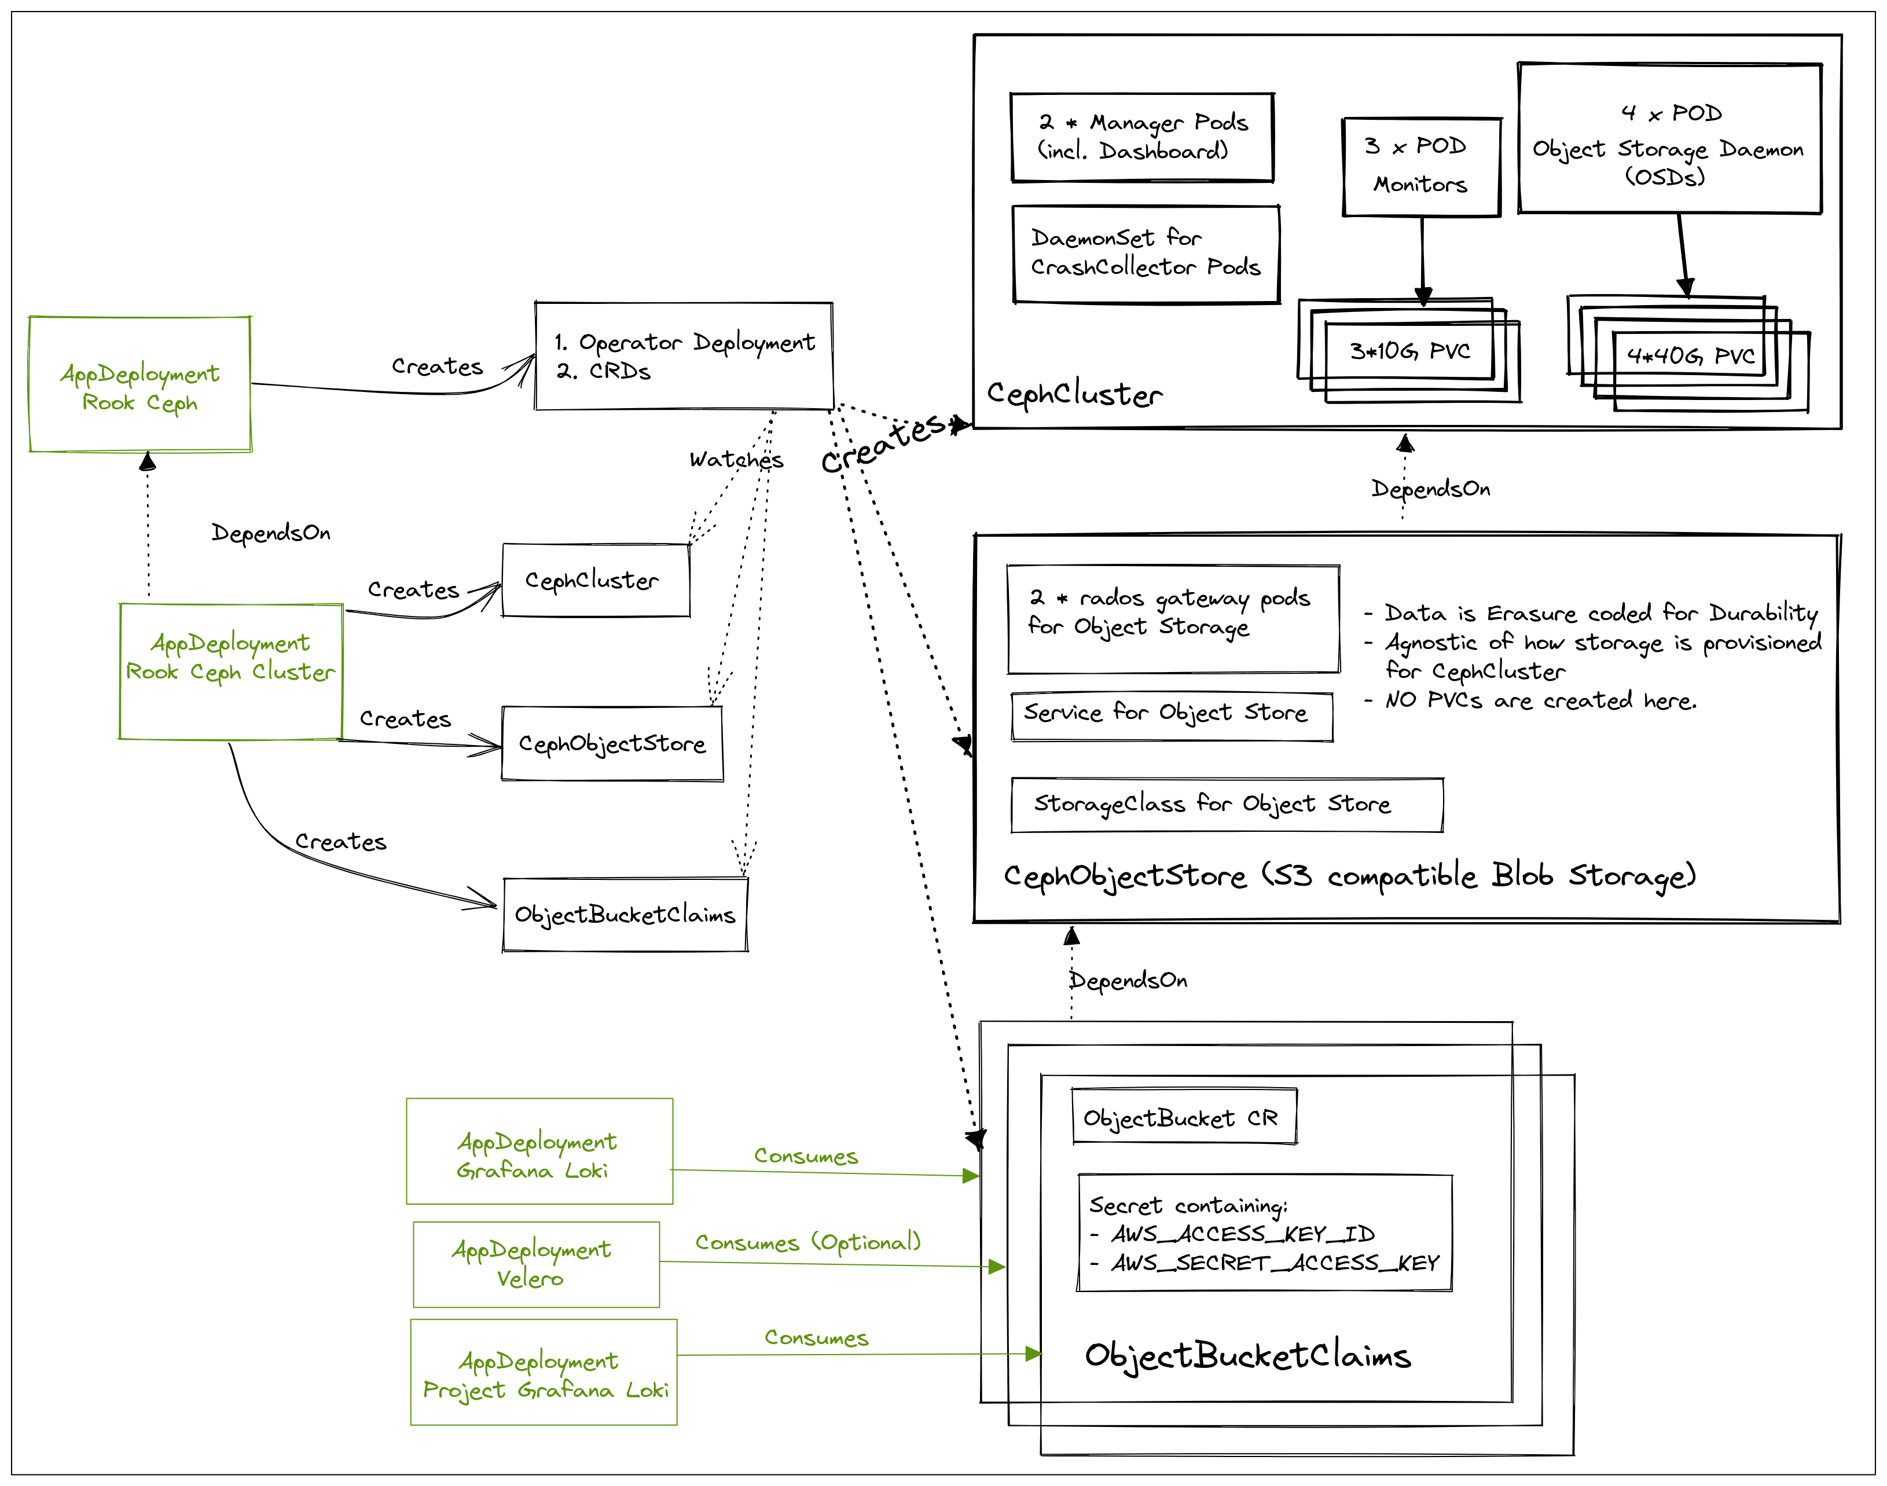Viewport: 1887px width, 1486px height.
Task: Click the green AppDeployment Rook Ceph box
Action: coord(140,384)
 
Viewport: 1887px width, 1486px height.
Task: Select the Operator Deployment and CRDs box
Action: coord(684,356)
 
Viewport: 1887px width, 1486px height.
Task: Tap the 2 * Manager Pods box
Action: coord(1141,137)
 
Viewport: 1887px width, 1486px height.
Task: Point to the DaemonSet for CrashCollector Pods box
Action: coord(1146,253)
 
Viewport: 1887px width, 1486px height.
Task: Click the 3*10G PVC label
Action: coord(1409,351)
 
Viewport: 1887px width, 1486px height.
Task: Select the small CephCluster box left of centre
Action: coord(595,580)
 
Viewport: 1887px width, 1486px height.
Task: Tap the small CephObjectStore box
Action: coord(612,743)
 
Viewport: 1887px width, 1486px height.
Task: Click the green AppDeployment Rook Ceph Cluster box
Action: coord(230,671)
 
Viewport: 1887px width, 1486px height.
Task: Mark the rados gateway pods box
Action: coord(1172,619)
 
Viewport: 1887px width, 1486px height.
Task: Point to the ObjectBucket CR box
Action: coord(1183,1117)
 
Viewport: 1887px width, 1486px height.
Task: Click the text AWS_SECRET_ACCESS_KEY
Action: coord(1275,1263)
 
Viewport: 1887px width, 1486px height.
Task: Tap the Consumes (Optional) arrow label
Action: coord(807,1242)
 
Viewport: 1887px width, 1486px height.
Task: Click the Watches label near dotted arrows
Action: coord(736,460)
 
